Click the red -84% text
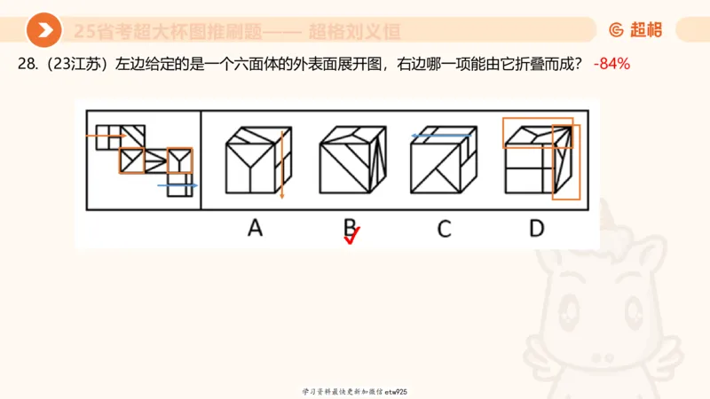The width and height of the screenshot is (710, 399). click(x=611, y=65)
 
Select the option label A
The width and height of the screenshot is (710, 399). click(x=255, y=228)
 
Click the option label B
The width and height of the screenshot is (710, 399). click(x=351, y=228)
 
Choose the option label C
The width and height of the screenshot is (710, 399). click(x=444, y=228)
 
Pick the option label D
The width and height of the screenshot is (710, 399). click(x=536, y=228)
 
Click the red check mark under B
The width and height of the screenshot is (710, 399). click(x=352, y=237)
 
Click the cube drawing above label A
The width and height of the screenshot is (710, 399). click(x=254, y=160)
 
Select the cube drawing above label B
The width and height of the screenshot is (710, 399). click(x=351, y=160)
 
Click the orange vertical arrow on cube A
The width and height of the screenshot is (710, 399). click(x=281, y=164)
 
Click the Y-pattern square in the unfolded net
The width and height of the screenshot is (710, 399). click(x=180, y=160)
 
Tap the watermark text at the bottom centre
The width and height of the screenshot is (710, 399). click(x=354, y=391)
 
